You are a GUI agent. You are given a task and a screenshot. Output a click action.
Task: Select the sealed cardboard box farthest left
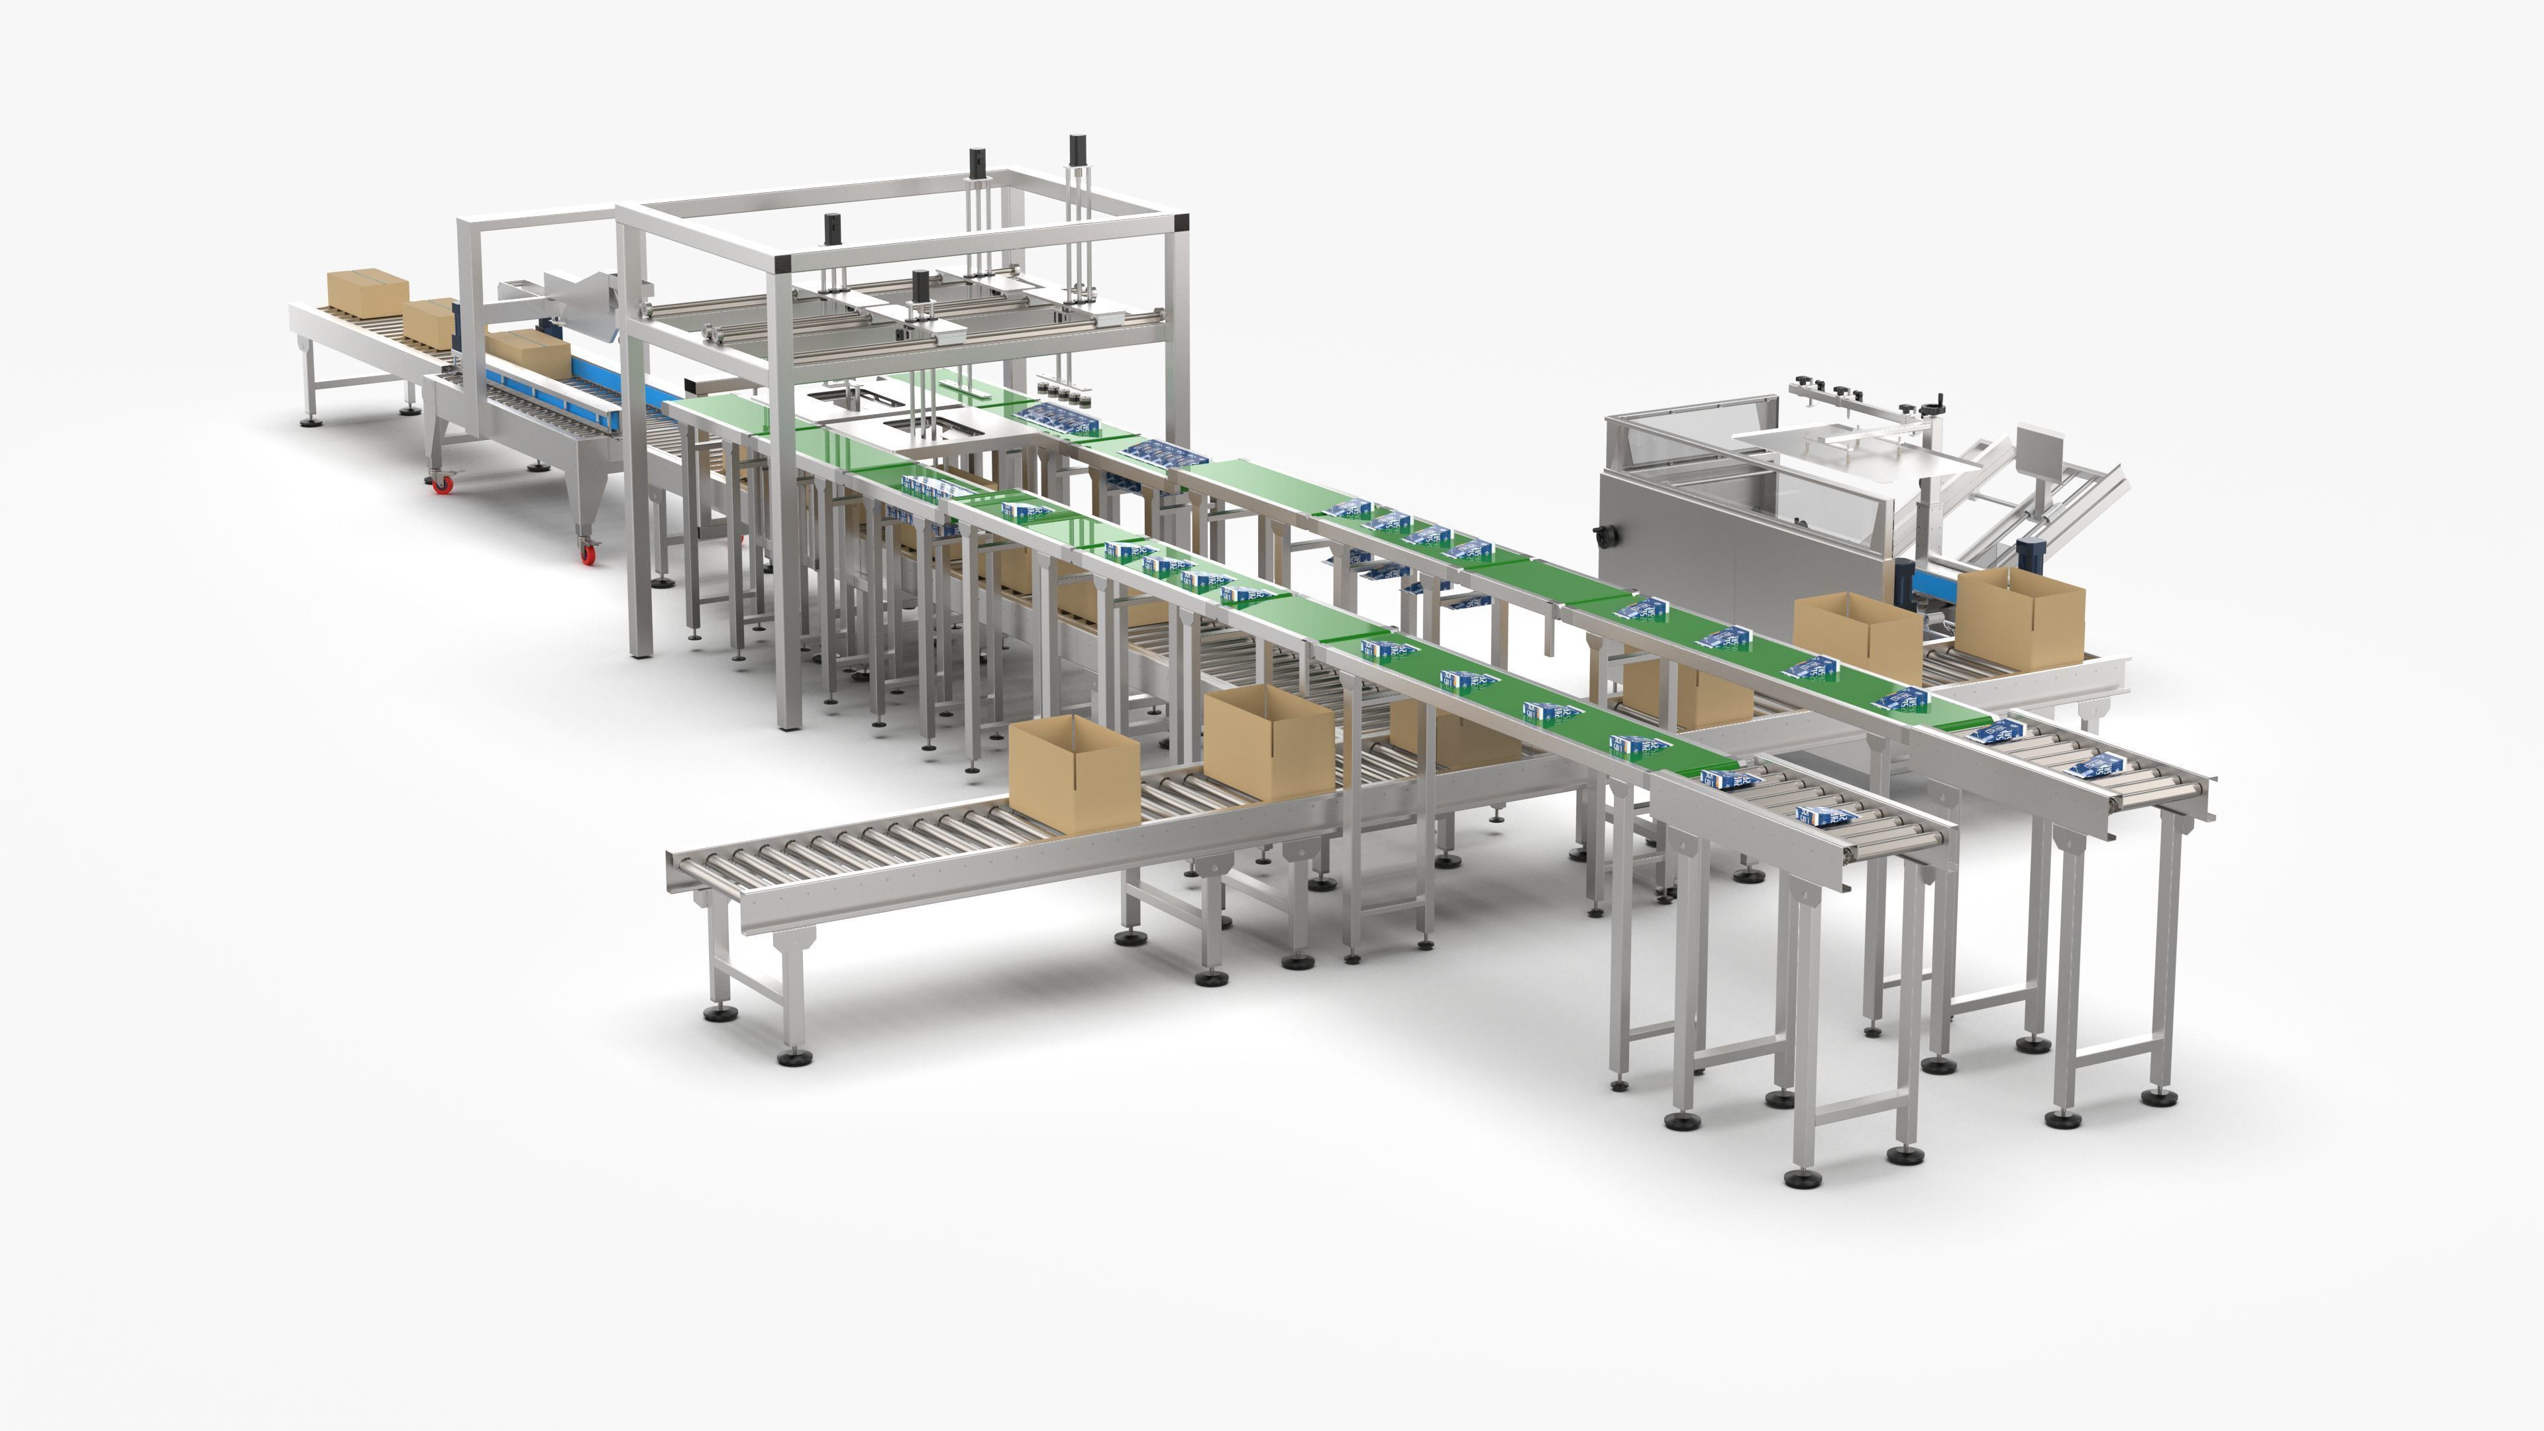(x=368, y=290)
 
